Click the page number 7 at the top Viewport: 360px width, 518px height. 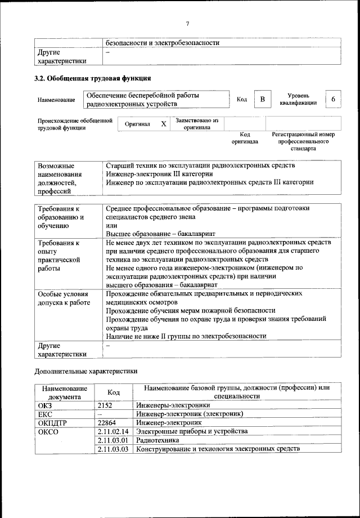point(188,23)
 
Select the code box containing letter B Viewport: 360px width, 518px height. point(262,100)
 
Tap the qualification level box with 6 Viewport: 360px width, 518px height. point(333,100)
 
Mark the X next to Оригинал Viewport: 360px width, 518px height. point(164,124)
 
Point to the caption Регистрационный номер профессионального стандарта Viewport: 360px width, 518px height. point(303,141)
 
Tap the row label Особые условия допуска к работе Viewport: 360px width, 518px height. point(64,298)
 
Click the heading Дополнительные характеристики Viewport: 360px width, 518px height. point(85,372)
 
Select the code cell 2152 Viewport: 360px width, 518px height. point(105,405)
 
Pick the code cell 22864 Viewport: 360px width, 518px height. point(107,422)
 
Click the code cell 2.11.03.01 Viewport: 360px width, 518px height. point(114,440)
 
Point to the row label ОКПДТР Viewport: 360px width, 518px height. point(52,422)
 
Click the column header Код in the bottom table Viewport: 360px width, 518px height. point(113,392)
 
